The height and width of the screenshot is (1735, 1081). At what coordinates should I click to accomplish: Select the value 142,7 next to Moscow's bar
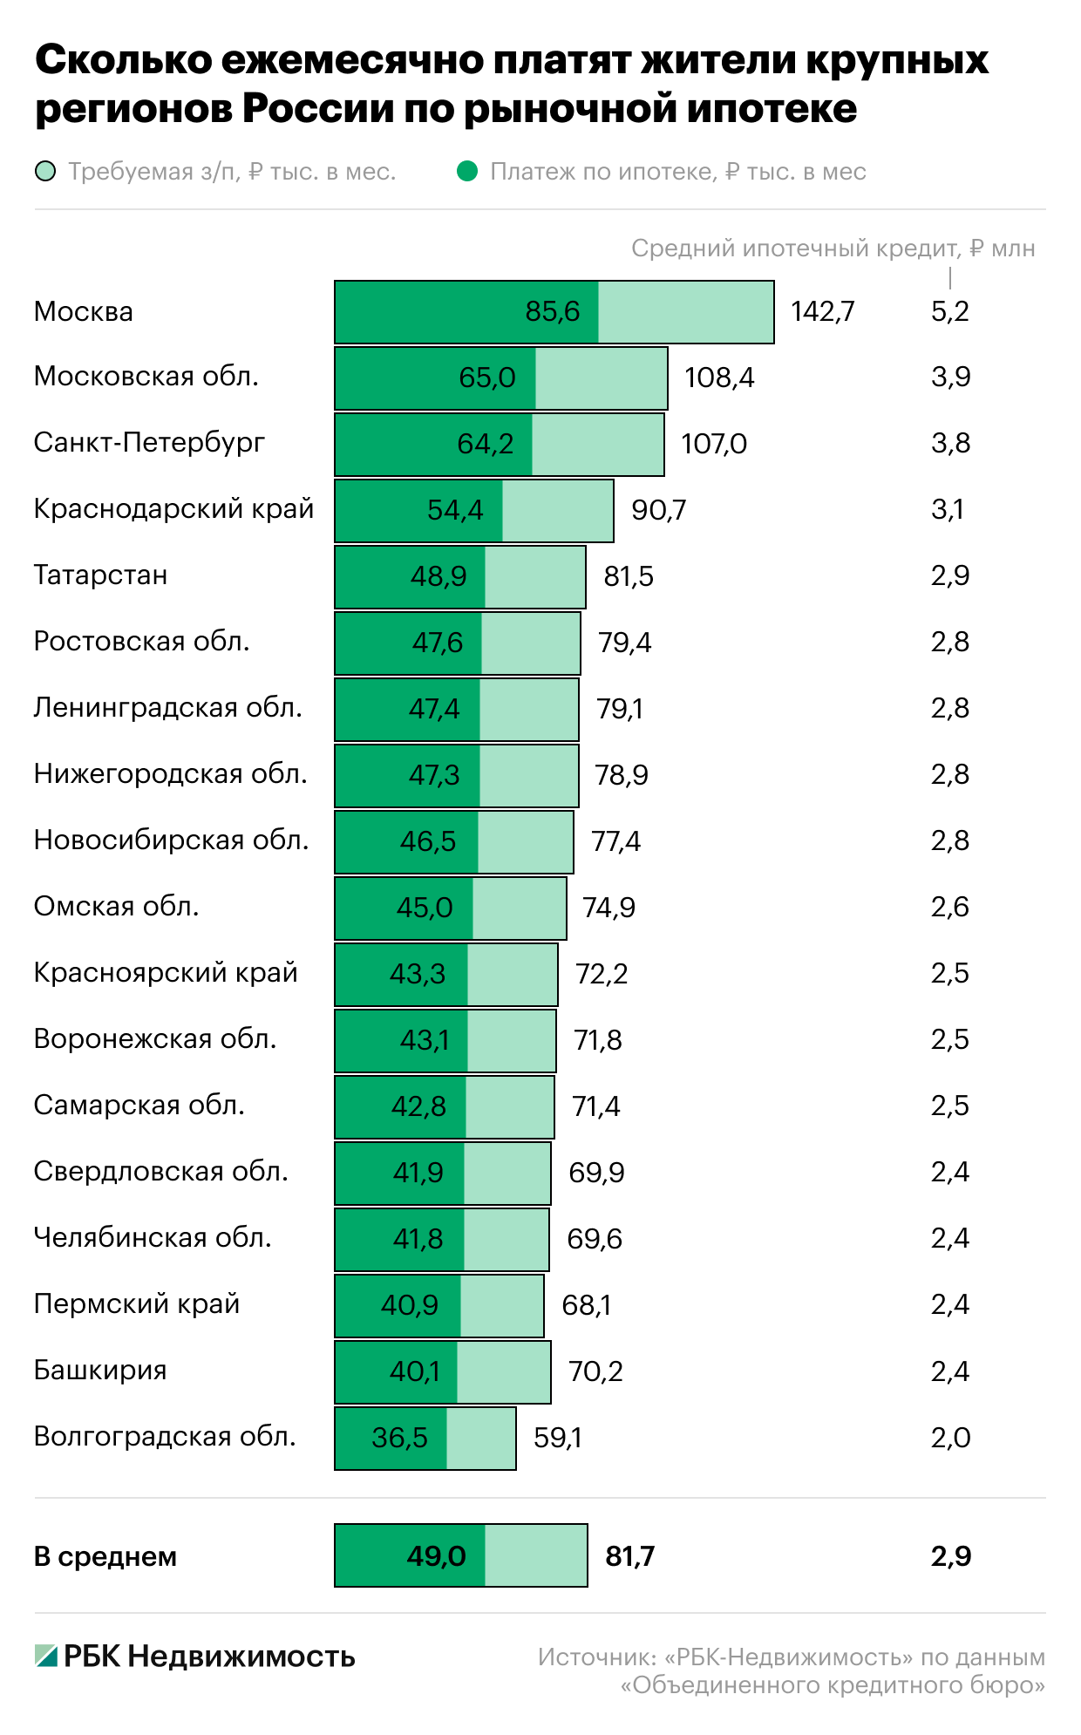coord(822,311)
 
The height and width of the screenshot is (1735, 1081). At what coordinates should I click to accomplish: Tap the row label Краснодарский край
coord(173,508)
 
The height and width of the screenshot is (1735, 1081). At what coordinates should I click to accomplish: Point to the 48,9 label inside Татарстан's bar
coord(439,576)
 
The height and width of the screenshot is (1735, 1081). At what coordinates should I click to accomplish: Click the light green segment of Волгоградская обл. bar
coord(480,1438)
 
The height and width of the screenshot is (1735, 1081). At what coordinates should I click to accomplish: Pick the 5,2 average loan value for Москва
coord(949,311)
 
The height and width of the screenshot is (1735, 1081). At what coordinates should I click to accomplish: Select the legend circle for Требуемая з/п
coord(45,172)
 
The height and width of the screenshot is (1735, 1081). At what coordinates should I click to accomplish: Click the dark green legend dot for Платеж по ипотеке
coord(467,172)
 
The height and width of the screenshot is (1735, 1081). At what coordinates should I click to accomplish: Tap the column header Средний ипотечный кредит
coord(833,248)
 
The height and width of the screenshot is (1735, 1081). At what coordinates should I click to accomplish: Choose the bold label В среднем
coord(105,1556)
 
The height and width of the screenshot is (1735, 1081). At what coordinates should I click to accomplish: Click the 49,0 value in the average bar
coord(436,1556)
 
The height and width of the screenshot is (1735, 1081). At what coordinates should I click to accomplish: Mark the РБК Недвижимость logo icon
coord(45,1656)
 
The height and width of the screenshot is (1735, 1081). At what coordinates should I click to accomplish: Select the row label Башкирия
coord(99,1370)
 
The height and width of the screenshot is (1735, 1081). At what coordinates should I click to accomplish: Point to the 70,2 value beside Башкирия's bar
coord(595,1371)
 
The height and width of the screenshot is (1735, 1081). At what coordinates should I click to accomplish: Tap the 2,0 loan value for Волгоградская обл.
coord(949,1438)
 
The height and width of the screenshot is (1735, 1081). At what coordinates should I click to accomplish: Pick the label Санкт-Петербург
coord(149,442)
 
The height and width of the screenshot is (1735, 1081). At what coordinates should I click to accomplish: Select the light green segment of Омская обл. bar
coord(519,908)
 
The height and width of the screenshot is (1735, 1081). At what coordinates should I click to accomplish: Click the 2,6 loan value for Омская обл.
coord(949,908)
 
